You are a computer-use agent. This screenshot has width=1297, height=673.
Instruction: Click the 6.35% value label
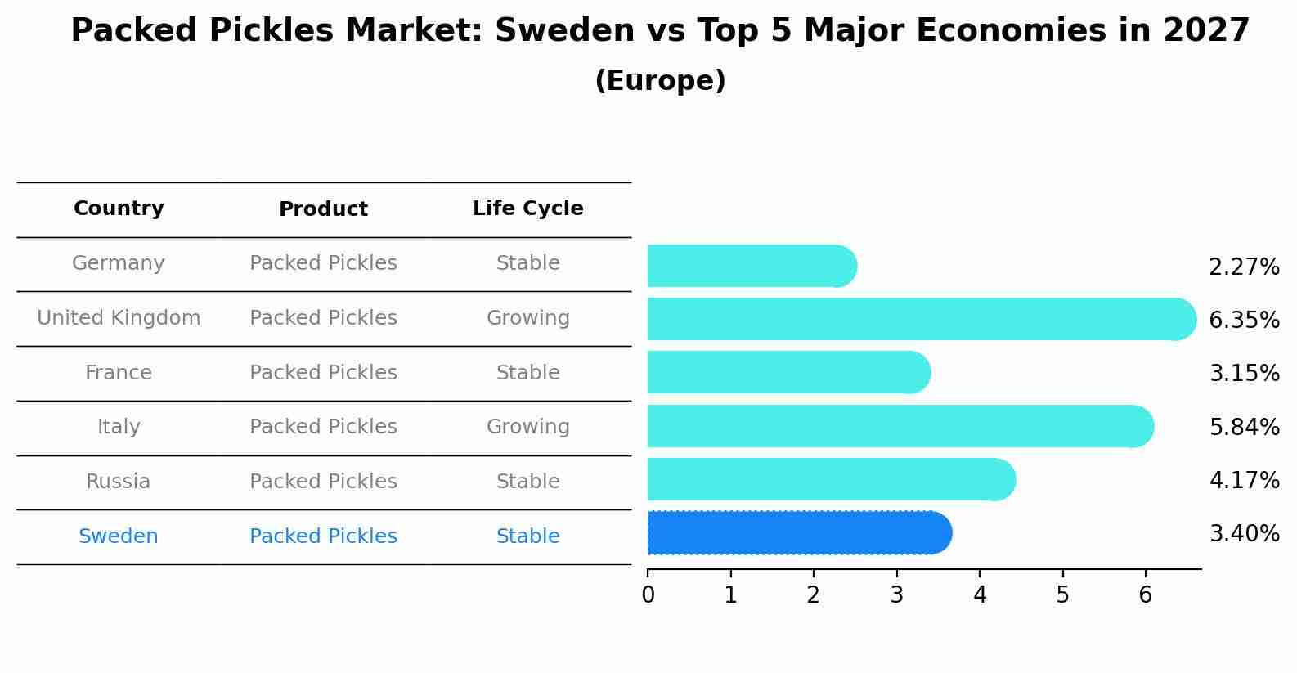click(1244, 320)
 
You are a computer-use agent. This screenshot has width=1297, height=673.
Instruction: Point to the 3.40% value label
click(1244, 534)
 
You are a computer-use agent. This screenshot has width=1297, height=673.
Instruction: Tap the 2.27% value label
click(1244, 267)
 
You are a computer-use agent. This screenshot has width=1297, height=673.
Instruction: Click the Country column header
click(119, 209)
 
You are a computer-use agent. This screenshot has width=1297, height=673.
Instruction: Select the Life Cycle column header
click(527, 209)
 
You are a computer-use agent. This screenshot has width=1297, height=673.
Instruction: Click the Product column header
click(323, 209)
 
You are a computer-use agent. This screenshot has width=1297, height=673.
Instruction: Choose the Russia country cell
click(119, 482)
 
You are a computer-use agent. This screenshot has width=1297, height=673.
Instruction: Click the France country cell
click(119, 373)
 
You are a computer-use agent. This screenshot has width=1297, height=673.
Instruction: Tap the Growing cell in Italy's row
click(527, 427)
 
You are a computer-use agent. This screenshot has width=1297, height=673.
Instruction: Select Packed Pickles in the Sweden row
click(323, 536)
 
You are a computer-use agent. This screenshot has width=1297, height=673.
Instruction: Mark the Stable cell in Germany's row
click(527, 263)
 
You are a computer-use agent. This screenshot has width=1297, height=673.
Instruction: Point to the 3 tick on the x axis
click(896, 594)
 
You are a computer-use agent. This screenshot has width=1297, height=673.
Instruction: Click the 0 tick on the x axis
click(648, 594)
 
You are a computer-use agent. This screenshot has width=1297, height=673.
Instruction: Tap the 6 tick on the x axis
click(1145, 594)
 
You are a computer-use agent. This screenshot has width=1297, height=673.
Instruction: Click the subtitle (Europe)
click(660, 81)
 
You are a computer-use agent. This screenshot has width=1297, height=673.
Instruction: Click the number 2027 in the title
click(1205, 31)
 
